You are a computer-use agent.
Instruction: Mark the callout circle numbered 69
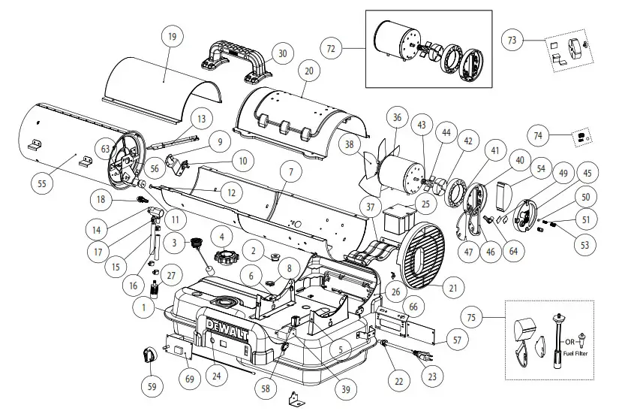(190, 379)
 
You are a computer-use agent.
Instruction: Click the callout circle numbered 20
(306, 70)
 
